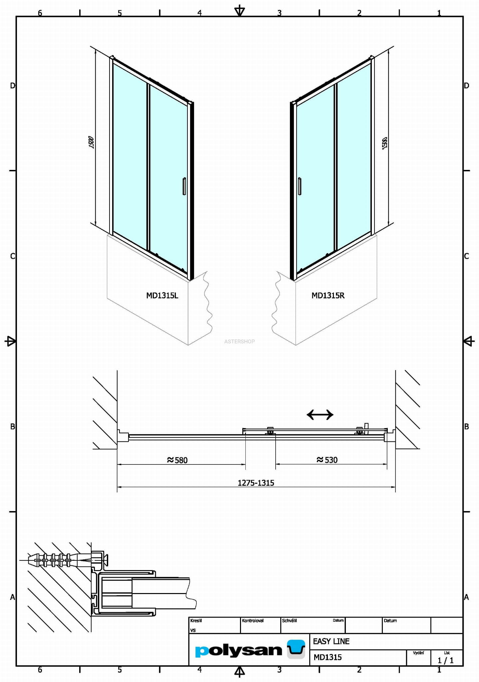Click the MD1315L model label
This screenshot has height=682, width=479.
162,296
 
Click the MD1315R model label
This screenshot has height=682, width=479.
328,296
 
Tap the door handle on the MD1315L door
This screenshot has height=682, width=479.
184,186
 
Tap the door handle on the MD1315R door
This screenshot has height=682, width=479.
300,186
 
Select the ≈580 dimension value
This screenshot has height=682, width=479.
177,460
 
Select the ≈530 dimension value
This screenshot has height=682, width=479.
327,460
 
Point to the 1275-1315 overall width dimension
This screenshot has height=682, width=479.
256,483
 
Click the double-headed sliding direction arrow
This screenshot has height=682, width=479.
320,415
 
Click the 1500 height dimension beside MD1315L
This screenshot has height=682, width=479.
92,142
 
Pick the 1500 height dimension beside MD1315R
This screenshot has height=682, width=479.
384,143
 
